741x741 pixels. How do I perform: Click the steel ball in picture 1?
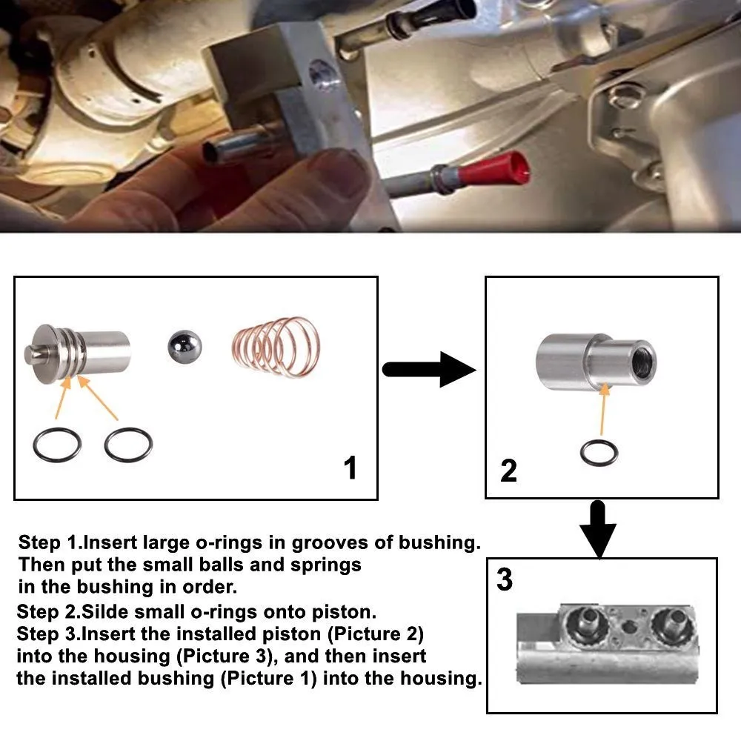tap(185, 348)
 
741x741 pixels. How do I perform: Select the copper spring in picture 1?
tap(276, 347)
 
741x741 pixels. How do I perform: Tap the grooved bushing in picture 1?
tap(77, 353)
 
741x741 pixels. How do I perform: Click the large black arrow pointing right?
tap(428, 370)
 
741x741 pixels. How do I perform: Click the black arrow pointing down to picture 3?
tap(598, 529)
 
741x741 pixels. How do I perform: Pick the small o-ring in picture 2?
tap(599, 453)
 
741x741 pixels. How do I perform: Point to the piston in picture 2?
tap(596, 362)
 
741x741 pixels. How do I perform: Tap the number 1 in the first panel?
tap(350, 468)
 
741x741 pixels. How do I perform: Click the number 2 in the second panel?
tap(508, 471)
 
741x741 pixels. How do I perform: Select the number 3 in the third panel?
tap(504, 579)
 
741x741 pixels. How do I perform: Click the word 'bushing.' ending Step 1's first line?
tap(439, 542)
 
